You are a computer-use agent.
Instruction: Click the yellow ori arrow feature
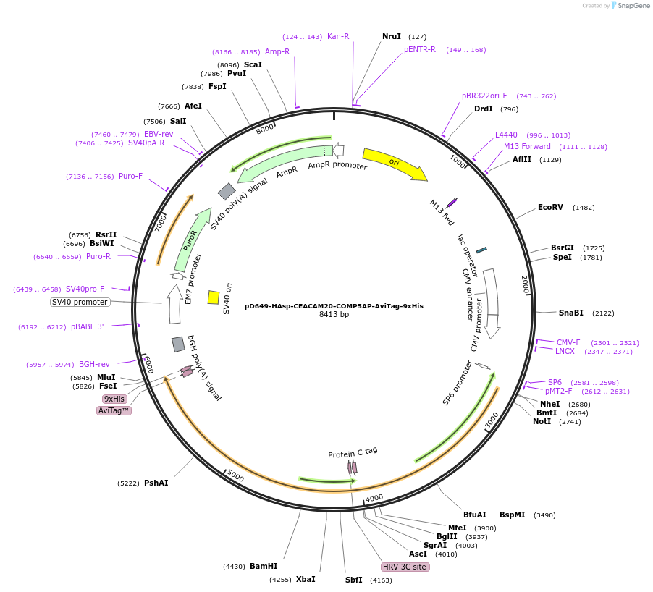pos(394,164)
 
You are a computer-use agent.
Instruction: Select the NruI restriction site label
pos(392,36)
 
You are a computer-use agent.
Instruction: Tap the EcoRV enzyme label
pos(550,208)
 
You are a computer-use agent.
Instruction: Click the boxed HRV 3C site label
pos(405,567)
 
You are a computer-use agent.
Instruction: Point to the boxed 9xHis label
pos(114,399)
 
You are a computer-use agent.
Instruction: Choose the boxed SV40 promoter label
pos(80,302)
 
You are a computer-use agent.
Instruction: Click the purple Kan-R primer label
pos(338,36)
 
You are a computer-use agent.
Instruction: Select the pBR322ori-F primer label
pos(484,96)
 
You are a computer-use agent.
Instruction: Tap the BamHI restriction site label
pos(264,566)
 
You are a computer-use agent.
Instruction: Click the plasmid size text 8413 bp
pos(334,315)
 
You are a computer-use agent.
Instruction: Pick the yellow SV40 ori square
pos(214,297)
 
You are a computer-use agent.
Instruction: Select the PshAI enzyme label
pos(156,483)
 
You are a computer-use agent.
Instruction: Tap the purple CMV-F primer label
pos(568,342)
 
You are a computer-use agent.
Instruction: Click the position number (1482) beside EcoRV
pos(584,208)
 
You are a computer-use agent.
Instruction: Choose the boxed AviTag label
pos(114,410)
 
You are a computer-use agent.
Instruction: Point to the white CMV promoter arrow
pos(492,304)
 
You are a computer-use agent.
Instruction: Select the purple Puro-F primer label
pos(131,176)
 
